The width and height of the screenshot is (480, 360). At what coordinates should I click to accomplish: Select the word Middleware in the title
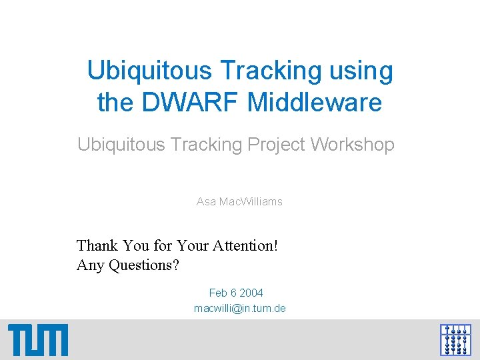click(315, 103)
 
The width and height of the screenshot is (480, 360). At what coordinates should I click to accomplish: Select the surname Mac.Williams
click(251, 201)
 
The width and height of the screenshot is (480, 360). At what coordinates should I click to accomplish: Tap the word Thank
click(96, 245)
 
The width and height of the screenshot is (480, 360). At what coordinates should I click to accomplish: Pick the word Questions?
click(144, 265)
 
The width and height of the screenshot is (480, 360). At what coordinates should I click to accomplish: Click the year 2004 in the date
click(252, 293)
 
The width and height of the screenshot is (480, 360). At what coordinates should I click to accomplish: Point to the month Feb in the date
click(219, 293)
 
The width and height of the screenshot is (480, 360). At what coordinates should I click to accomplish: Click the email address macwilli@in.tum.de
click(240, 309)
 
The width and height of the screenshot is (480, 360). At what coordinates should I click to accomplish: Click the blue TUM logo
click(38, 340)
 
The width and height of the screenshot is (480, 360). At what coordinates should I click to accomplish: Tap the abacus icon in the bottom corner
click(455, 339)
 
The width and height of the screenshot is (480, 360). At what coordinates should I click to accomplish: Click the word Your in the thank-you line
click(193, 245)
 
